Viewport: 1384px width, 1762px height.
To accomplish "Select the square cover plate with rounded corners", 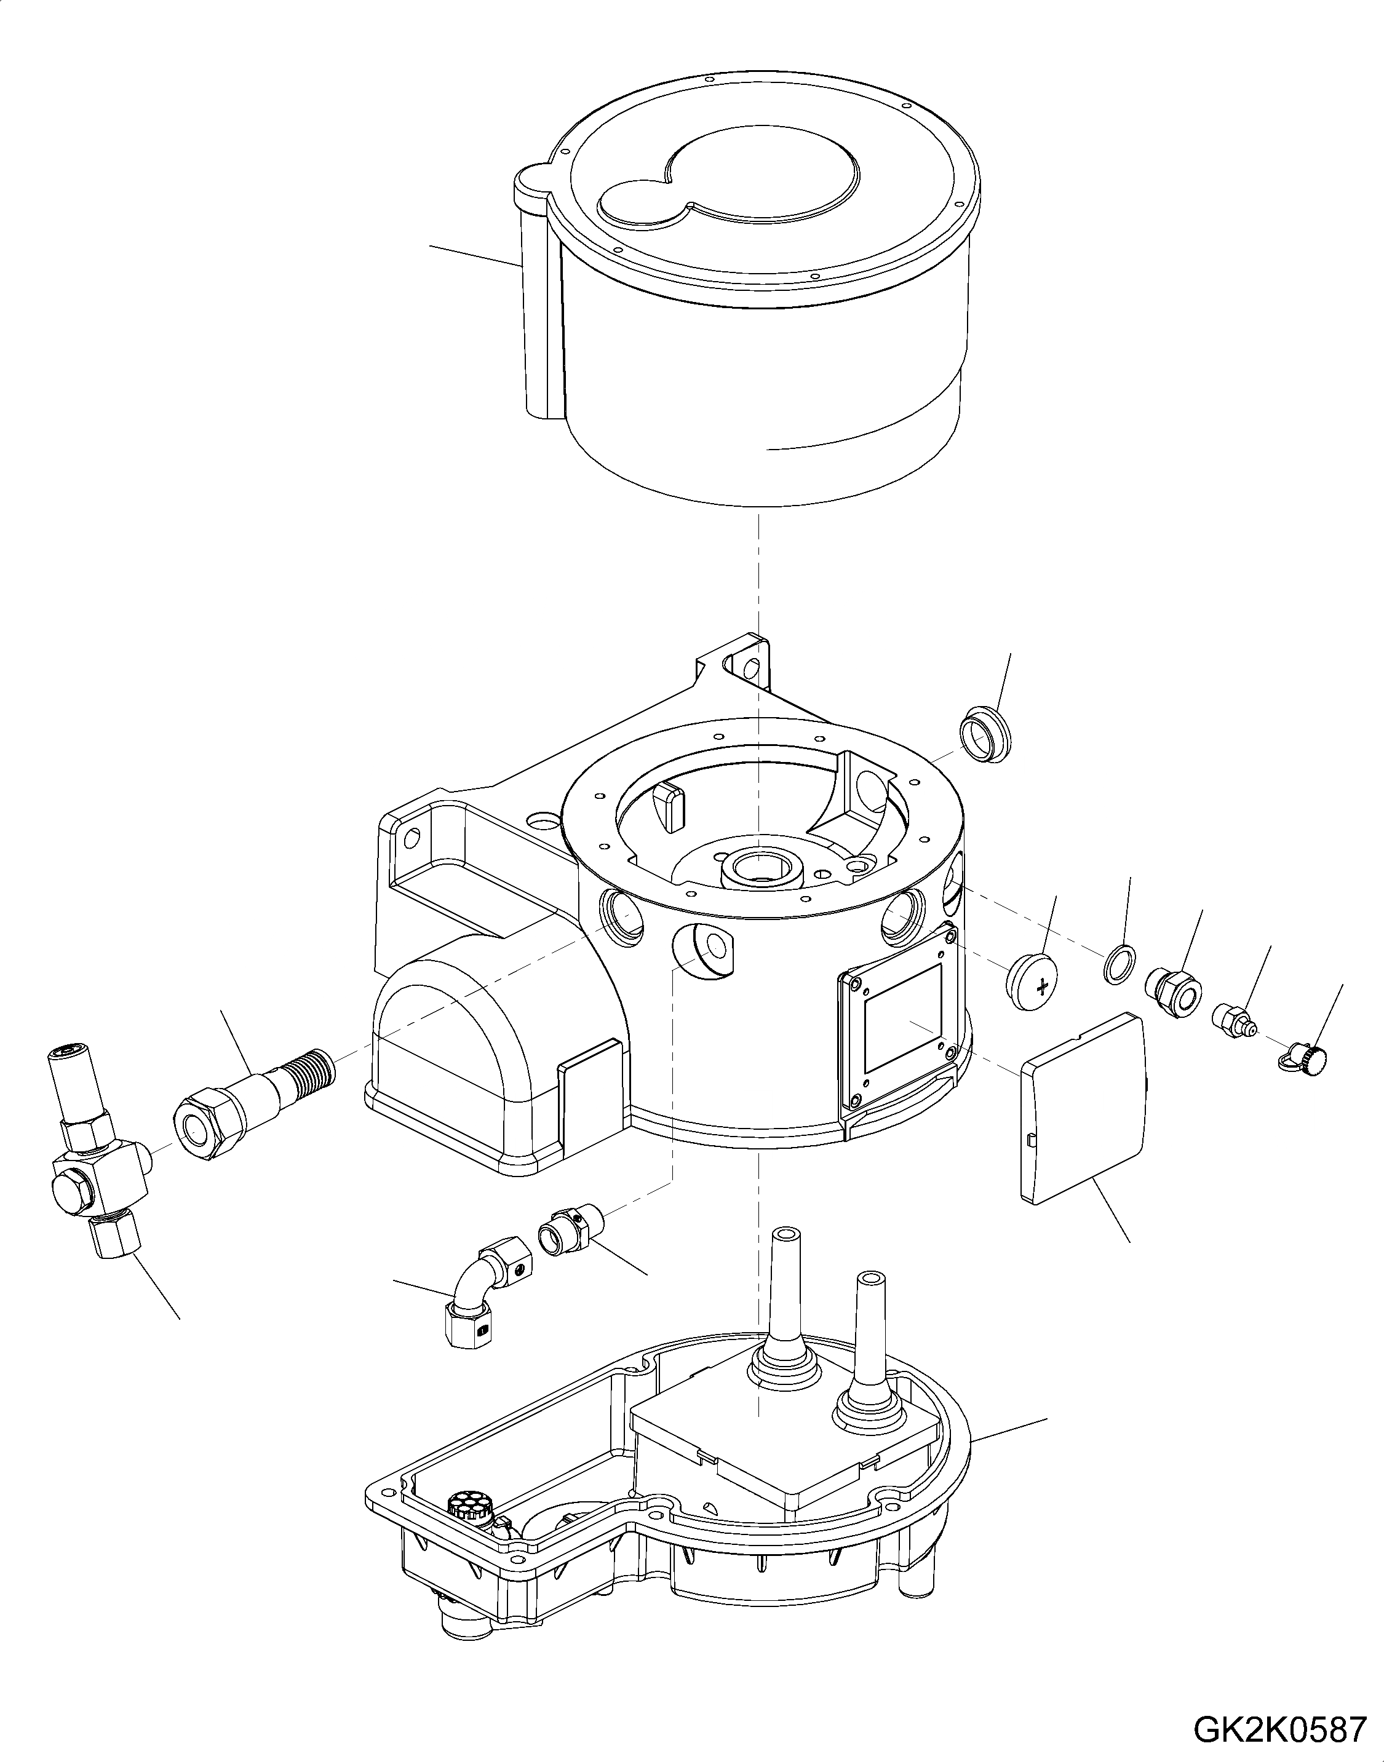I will [x=1083, y=1108].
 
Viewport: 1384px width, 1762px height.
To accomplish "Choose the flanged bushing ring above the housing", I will [x=985, y=733].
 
